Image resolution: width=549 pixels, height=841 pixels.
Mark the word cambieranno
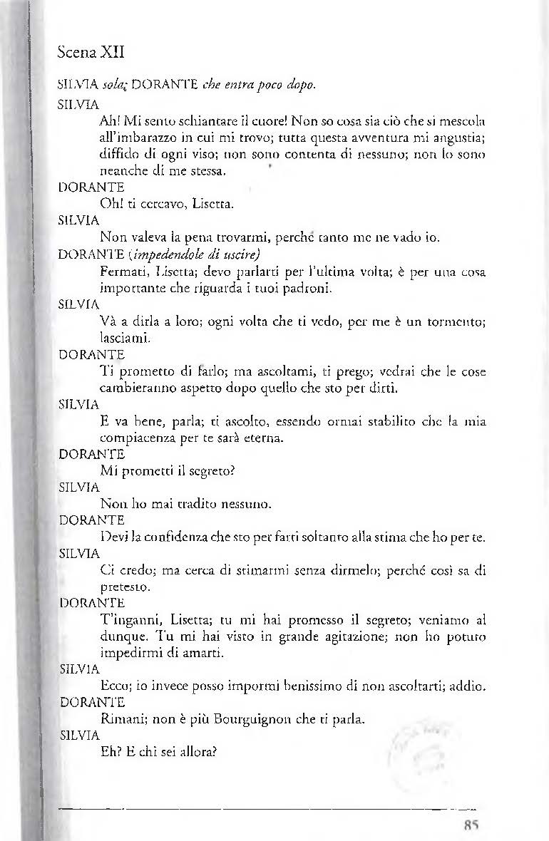[x=135, y=388]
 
